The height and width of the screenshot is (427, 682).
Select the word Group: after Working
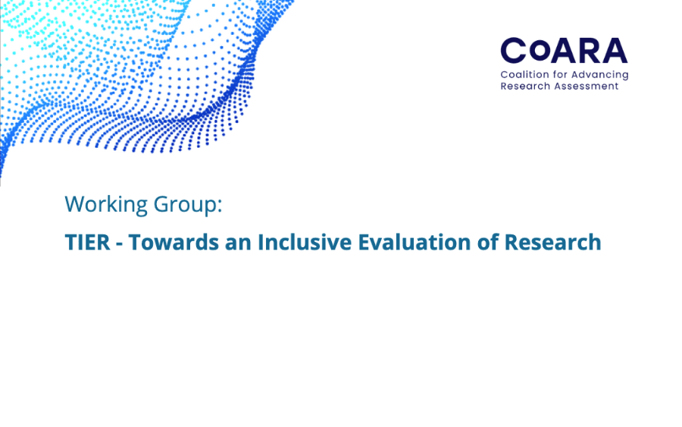tap(188, 204)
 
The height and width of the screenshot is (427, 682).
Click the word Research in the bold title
tap(553, 242)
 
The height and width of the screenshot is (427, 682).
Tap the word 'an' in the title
tap(239, 244)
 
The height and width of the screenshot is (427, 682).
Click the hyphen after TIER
tap(119, 244)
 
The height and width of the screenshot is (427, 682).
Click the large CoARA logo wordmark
tap(564, 51)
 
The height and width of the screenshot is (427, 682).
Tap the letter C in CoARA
tap(514, 51)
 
